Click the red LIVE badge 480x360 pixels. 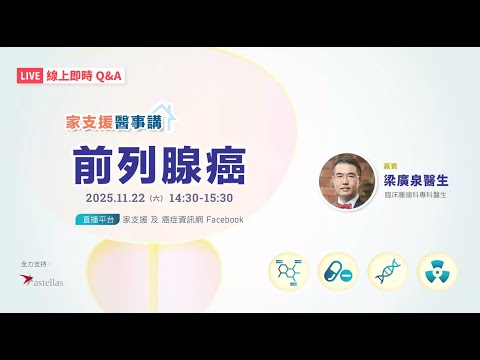tap(31, 75)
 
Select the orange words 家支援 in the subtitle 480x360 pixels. tap(85, 124)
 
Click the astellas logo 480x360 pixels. tap(41, 281)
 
